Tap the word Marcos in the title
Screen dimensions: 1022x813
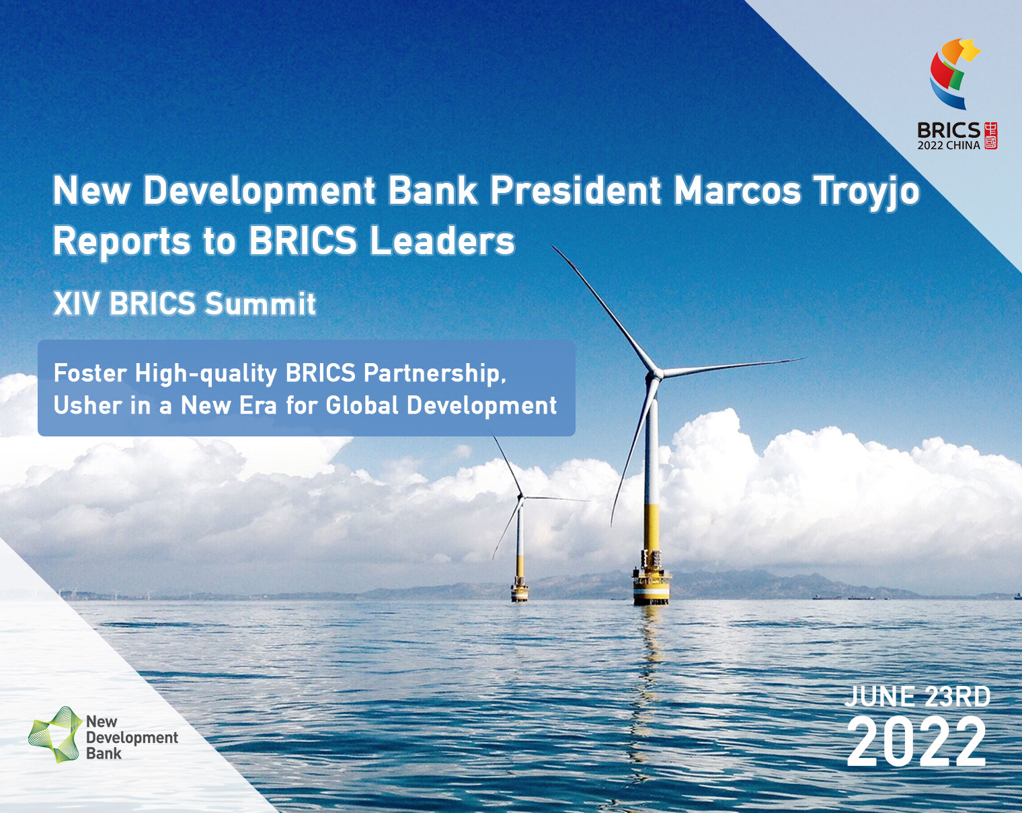click(737, 190)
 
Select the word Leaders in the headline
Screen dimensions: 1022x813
click(442, 241)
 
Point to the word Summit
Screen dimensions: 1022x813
click(260, 304)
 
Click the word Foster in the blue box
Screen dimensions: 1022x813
click(90, 373)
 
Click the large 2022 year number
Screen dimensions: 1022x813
click(916, 742)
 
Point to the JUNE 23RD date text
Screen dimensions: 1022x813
click(918, 697)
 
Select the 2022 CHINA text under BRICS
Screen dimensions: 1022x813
click(949, 146)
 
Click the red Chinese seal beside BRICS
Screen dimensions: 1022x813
click(990, 135)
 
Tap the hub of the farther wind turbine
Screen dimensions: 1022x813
click(521, 498)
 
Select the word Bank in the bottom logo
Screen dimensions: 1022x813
click(104, 754)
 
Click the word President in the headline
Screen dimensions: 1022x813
click(575, 190)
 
